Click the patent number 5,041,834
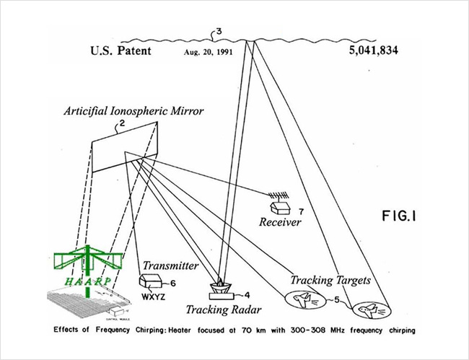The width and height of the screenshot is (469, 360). click(374, 51)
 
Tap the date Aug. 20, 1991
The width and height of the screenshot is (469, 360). click(209, 52)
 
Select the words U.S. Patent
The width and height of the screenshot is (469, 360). click(120, 51)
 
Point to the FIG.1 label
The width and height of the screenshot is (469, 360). click(399, 216)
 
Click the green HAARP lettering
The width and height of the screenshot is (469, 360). click(87, 281)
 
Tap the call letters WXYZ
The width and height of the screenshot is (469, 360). click(153, 297)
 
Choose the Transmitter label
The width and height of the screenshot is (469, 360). click(170, 265)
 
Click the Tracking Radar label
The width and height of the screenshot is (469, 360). click(224, 309)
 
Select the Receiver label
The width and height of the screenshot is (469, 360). click(280, 222)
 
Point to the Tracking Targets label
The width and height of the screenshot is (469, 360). click(330, 280)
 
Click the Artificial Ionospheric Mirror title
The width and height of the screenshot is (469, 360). click(133, 111)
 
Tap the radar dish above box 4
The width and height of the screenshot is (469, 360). click(221, 286)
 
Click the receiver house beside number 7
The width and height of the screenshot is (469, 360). click(280, 208)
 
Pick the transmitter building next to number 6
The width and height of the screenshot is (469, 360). click(151, 281)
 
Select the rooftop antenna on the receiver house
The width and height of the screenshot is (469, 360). click(279, 196)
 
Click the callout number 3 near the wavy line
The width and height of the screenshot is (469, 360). click(219, 32)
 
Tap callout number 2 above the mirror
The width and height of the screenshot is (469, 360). click(122, 123)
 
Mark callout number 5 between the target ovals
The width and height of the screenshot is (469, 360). click(337, 299)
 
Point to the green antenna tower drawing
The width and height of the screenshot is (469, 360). click(87, 263)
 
